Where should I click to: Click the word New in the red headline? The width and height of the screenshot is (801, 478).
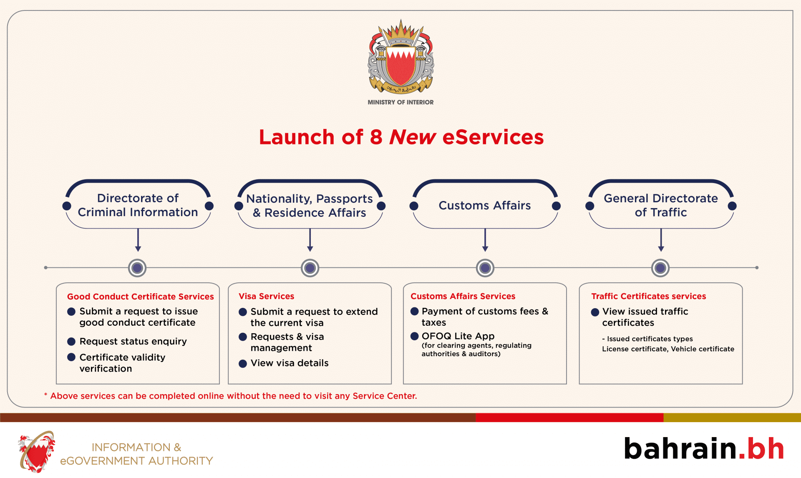point(412,137)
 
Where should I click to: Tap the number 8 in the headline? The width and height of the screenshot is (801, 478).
point(375,137)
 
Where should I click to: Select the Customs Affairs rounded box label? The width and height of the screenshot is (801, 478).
point(484,205)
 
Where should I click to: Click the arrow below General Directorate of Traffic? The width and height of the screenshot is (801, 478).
point(661,241)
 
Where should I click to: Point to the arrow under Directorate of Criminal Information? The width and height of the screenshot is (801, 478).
point(138,241)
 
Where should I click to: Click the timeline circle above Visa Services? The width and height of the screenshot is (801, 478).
point(310,268)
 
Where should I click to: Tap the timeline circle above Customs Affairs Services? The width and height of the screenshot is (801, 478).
point(485,268)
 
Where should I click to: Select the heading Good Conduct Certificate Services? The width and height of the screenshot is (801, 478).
point(140,297)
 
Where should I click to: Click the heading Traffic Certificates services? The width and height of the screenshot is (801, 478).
point(648,296)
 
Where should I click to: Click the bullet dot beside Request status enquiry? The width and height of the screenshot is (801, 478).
point(71,342)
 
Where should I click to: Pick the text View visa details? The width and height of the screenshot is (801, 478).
point(289,363)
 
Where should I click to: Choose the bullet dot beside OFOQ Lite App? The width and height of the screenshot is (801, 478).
point(414,336)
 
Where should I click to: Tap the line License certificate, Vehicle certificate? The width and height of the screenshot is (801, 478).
point(667,349)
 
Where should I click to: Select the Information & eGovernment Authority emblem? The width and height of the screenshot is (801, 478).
point(37,452)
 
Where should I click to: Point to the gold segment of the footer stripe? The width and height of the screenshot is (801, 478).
point(732,418)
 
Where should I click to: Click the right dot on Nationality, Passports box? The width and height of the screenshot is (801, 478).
point(381,206)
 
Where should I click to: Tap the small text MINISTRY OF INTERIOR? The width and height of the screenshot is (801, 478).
point(400,102)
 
